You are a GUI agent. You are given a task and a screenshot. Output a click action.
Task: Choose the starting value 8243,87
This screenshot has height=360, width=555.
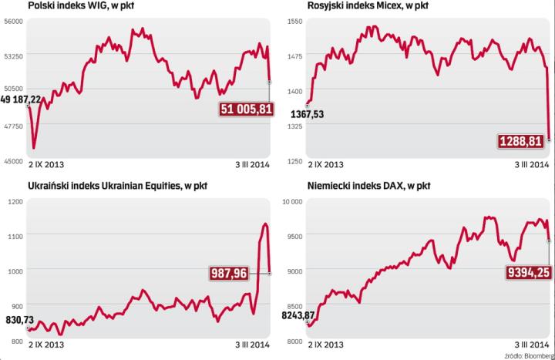[300, 315]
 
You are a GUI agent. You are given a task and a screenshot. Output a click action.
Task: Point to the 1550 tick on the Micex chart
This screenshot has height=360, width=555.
[295, 22]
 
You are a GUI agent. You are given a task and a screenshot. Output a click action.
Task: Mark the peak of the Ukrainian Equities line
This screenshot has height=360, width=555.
[265, 224]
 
